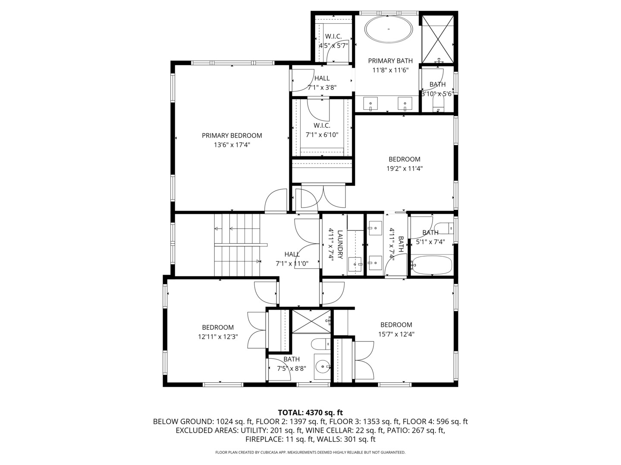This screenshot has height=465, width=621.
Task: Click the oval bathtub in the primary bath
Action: coord(389,29)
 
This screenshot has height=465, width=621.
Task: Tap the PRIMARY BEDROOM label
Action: coord(232,136)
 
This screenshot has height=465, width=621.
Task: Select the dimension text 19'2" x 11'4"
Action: coord(404,169)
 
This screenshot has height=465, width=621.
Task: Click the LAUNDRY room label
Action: coord(340,245)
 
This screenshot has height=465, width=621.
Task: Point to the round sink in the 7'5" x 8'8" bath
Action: coord(321,367)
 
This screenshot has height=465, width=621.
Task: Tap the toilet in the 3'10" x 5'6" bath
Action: coord(438,103)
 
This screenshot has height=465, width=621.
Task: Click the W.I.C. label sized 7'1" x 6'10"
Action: coord(322,126)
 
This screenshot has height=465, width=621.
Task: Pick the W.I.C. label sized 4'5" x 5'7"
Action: coord(333,37)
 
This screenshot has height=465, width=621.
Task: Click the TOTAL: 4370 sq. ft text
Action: coord(310,413)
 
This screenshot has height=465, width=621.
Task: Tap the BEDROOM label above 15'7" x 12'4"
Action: coord(396,325)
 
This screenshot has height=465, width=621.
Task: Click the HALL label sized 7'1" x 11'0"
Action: coord(292,254)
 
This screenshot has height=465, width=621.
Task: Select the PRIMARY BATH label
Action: coord(390,61)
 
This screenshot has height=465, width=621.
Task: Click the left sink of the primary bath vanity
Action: coord(370,104)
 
